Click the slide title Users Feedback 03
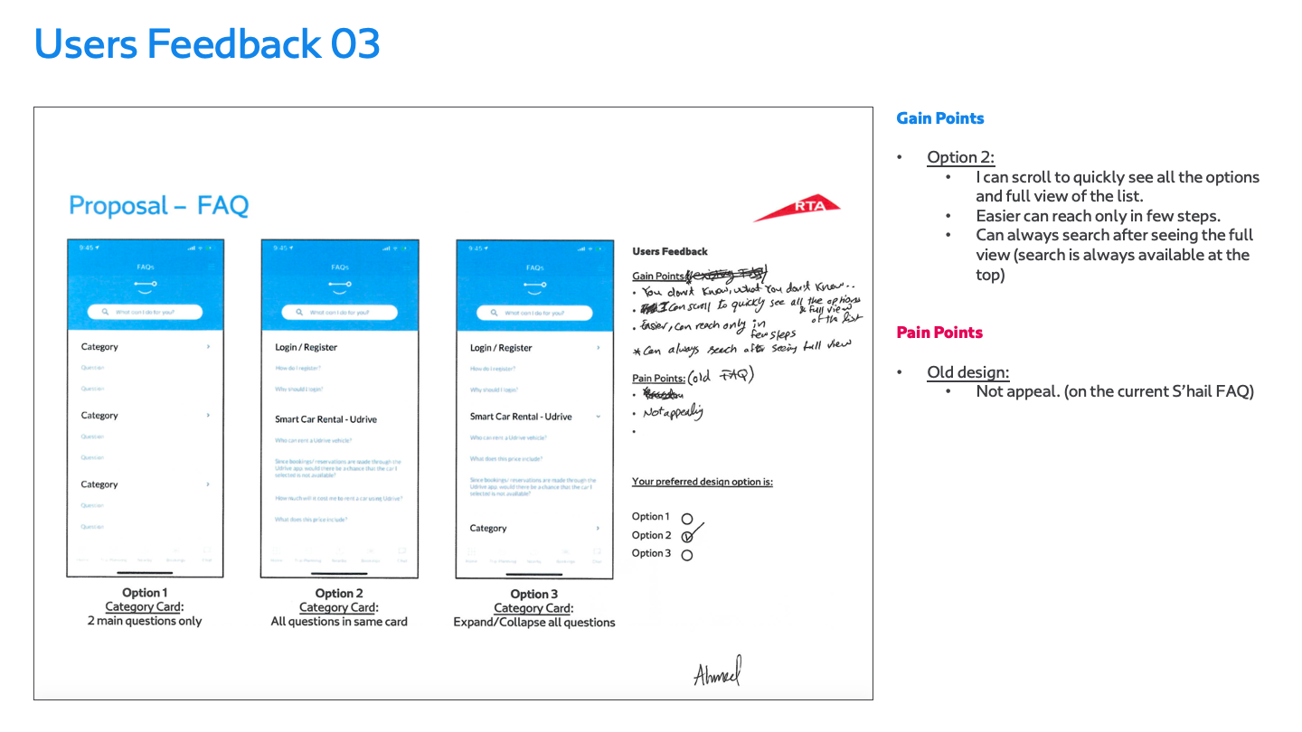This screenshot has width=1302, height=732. (x=207, y=44)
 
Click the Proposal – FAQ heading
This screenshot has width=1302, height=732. (x=158, y=206)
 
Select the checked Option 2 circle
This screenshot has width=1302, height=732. (x=687, y=537)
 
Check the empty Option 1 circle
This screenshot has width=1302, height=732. (x=687, y=519)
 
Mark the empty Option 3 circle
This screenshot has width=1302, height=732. (x=687, y=555)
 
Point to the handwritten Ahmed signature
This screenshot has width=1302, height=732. (x=717, y=672)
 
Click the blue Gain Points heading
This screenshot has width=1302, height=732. (x=939, y=118)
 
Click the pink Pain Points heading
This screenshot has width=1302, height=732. (x=939, y=333)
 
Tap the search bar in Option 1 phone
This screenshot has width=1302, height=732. (x=145, y=312)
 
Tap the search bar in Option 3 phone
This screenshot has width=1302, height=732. (x=534, y=313)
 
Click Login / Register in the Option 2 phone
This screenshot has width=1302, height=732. (x=306, y=347)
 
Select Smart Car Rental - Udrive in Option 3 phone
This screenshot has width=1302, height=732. (x=521, y=417)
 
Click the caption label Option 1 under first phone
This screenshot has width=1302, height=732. (x=145, y=593)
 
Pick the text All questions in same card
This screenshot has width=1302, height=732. (x=339, y=622)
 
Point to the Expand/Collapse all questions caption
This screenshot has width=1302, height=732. (x=534, y=623)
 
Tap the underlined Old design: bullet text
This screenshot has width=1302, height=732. (x=967, y=372)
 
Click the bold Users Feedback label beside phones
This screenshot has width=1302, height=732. (x=670, y=251)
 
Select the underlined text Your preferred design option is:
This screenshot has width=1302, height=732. (x=702, y=482)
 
